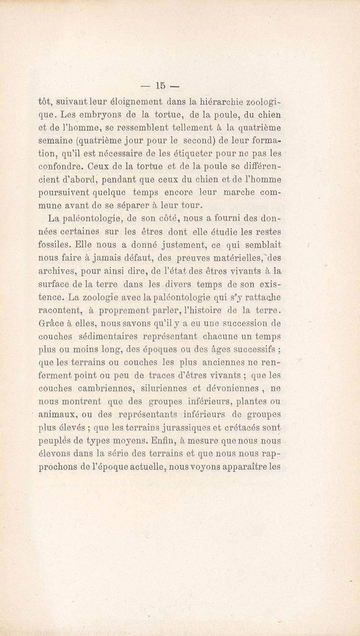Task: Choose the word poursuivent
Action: [63, 184]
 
